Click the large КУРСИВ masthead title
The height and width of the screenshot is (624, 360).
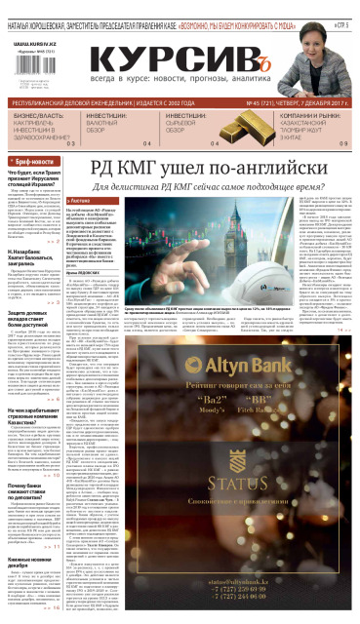click(x=180, y=60)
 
